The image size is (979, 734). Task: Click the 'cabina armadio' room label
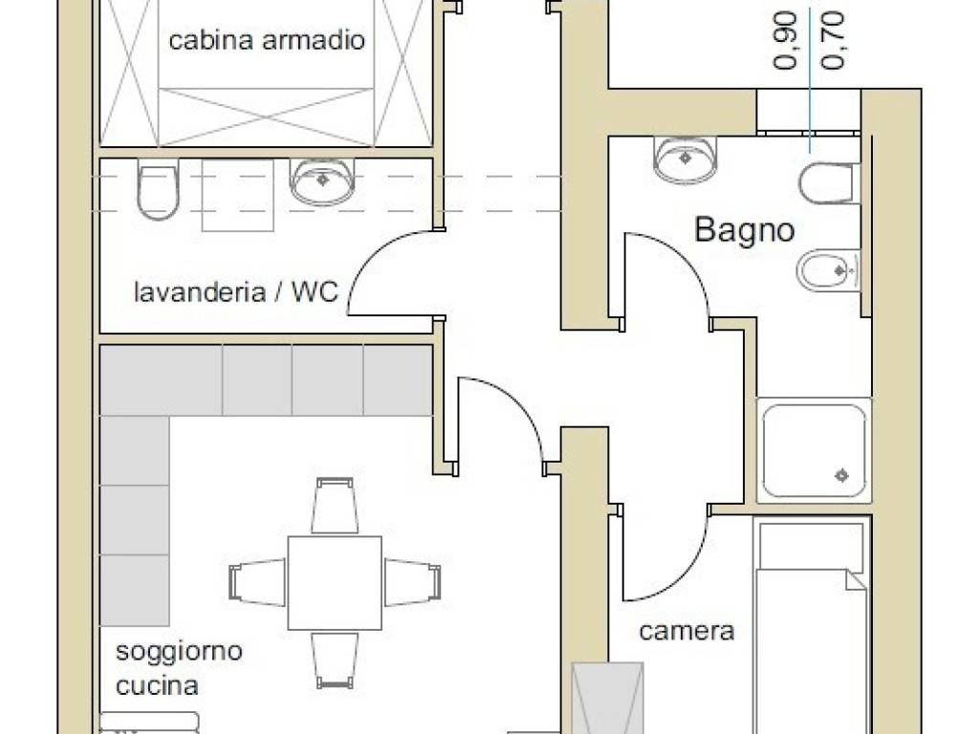[x=267, y=41]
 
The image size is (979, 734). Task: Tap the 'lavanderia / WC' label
[x=235, y=291]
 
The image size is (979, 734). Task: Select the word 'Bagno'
[x=744, y=230]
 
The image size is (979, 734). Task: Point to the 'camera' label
[x=686, y=631]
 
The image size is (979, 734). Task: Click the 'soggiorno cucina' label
[x=179, y=668]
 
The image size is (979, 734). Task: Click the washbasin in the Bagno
[x=685, y=157]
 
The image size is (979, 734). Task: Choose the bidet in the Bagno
[x=827, y=271]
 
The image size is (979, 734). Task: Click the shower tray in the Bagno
[x=814, y=450]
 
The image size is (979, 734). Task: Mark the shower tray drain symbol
[x=842, y=474]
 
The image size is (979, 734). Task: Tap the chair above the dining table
[x=336, y=506]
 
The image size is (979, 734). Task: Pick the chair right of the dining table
[x=412, y=582]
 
